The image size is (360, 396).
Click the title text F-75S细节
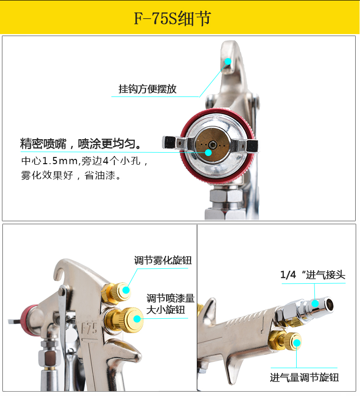click(172, 18)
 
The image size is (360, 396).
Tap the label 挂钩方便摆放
click(147, 89)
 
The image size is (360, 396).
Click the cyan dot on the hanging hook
click(228, 61)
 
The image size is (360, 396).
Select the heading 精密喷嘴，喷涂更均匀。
click(80, 144)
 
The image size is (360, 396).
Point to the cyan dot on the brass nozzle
click(208, 153)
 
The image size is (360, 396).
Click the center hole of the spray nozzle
click(213, 144)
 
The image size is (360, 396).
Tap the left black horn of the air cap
click(169, 143)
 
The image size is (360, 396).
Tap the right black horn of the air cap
click(252, 146)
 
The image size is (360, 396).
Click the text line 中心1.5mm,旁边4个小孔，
click(84, 161)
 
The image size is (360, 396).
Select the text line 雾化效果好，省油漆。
click(71, 175)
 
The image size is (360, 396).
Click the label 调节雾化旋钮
click(163, 260)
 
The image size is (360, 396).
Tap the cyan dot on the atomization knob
click(126, 290)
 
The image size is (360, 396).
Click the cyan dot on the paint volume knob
click(137, 319)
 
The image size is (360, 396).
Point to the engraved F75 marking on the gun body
click(89, 329)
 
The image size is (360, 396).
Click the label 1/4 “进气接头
click(313, 275)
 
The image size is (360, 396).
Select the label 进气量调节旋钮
click(304, 378)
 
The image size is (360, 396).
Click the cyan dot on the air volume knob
click(297, 343)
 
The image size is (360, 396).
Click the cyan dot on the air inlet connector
click(315, 303)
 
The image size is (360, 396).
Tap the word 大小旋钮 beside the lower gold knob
click(166, 310)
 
